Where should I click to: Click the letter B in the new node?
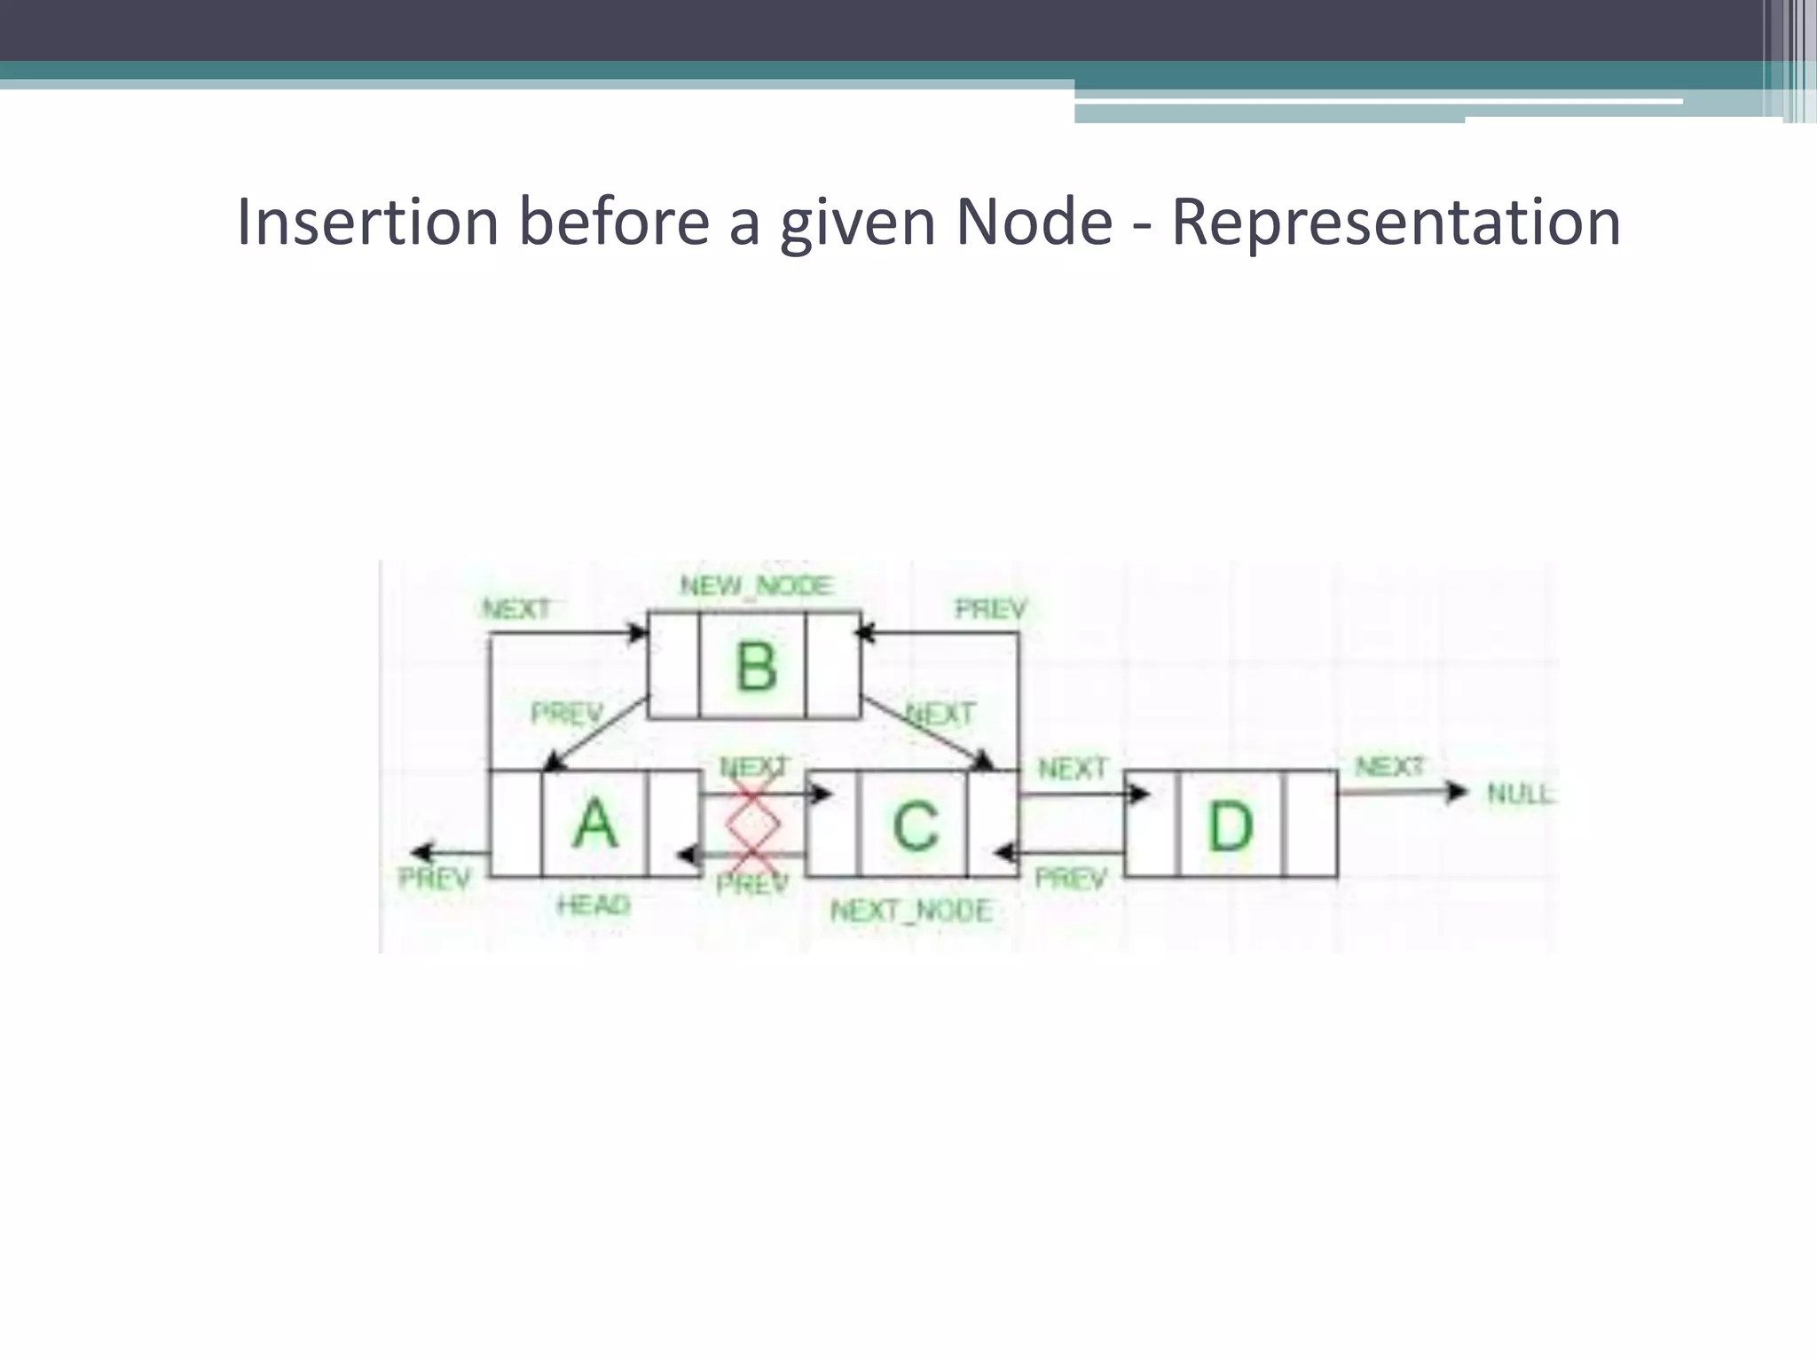click(x=756, y=666)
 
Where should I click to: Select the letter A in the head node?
click(x=594, y=824)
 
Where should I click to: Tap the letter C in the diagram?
click(x=915, y=826)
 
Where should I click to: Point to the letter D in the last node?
click(x=1231, y=826)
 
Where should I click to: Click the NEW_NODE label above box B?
click(x=756, y=586)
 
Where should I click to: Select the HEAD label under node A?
click(x=594, y=905)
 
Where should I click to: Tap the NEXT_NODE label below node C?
click(x=911, y=911)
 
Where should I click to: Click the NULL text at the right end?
click(x=1520, y=794)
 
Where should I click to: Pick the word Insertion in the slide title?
click(x=367, y=222)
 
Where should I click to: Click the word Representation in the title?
click(x=1396, y=222)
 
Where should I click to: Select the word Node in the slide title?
click(x=1034, y=222)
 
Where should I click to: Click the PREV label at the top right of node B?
click(x=990, y=609)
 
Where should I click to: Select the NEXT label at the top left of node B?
click(x=516, y=609)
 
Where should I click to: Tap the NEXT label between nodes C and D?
click(x=1073, y=768)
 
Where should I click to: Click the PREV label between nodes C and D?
click(x=1071, y=879)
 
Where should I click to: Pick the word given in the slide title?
click(x=857, y=222)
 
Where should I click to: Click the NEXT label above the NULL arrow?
click(x=1389, y=766)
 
